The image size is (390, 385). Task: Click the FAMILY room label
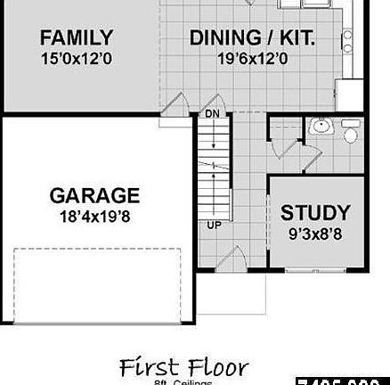click(x=77, y=37)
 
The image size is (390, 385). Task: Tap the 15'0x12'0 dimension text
click(x=77, y=59)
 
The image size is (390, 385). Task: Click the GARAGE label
click(x=94, y=195)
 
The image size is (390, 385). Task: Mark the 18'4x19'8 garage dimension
click(x=94, y=216)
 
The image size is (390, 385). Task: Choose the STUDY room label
click(x=315, y=213)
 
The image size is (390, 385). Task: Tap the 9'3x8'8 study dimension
click(x=315, y=234)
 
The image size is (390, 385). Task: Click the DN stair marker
click(x=212, y=114)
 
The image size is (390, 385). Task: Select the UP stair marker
click(x=214, y=225)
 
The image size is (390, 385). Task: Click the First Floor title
click(x=183, y=366)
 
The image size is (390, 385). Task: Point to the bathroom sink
click(x=320, y=128)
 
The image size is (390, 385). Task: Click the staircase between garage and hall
click(x=214, y=169)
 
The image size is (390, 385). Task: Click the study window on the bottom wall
click(x=315, y=269)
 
